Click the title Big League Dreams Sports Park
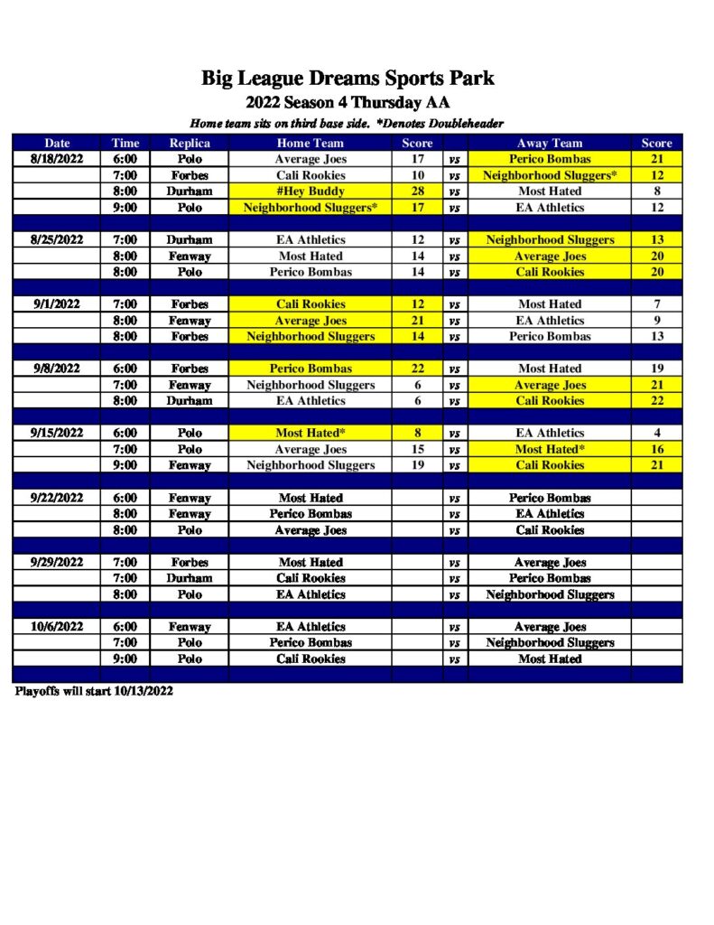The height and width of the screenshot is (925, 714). coord(348,78)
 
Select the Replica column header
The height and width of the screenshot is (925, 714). coord(190,143)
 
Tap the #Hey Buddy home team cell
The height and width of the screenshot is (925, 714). coord(311,192)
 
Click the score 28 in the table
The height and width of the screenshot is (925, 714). coord(417,192)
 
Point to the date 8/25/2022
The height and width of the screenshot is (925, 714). coord(57,240)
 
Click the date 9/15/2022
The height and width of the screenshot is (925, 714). coord(57,433)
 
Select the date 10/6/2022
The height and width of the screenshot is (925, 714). coord(57,627)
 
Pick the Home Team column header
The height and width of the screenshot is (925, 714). coord(311,143)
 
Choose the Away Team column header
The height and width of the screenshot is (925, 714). coord(550,143)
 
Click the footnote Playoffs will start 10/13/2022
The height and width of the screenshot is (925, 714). coord(94,691)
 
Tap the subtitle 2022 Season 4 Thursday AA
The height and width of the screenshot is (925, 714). coord(348,102)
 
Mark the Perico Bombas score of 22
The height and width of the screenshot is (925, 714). coord(417,369)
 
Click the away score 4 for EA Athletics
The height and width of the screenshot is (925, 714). coord(657,433)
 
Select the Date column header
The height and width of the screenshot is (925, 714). coord(57,143)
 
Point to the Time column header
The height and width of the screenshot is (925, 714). coord(125,143)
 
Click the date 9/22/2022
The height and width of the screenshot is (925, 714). coord(57,498)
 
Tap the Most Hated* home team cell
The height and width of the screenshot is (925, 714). coord(311,433)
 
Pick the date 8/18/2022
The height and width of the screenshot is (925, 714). coord(57,159)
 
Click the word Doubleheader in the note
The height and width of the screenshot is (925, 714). coord(465,123)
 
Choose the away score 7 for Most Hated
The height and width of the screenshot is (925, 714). coord(657,304)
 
